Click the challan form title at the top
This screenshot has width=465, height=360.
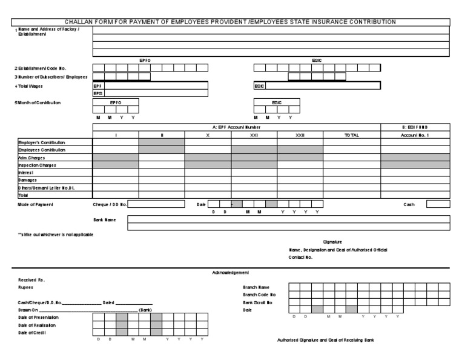tap(230, 22)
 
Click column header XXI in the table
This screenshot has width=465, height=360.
tap(254, 135)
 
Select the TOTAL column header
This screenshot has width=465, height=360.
tap(351, 135)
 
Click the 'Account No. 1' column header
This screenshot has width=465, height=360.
tap(415, 135)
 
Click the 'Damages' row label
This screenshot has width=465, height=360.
tap(28, 180)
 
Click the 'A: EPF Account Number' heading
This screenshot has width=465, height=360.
tap(236, 127)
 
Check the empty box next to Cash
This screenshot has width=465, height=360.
tap(438, 204)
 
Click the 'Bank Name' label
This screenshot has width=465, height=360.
tap(104, 220)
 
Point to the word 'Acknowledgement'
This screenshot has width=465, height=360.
tap(231, 273)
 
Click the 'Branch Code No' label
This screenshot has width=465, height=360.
tap(260, 294)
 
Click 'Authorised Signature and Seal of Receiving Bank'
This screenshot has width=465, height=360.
tap(325, 340)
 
